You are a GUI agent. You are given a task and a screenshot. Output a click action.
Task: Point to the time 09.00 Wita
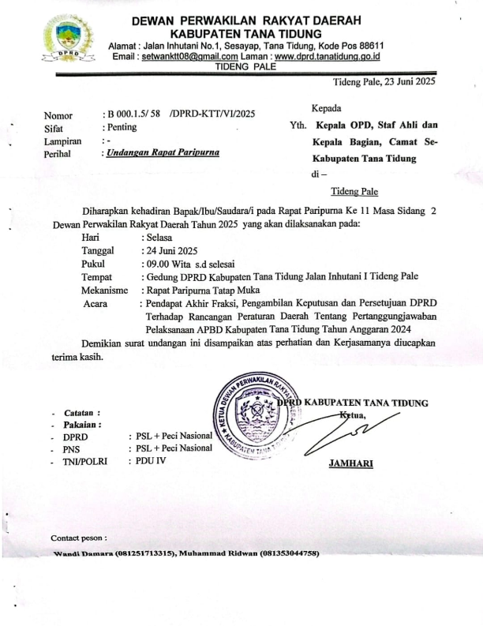point(172,263)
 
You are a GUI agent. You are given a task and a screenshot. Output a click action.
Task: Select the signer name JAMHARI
point(350,463)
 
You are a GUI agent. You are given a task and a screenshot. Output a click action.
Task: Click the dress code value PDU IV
point(148,461)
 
